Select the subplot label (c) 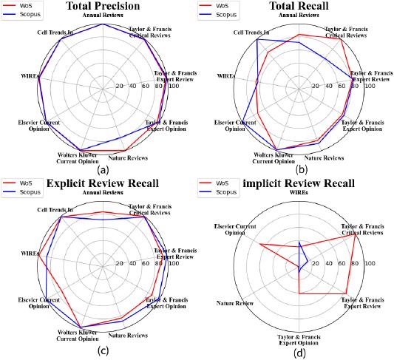pos(103,350)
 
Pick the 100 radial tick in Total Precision pos(173,86)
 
